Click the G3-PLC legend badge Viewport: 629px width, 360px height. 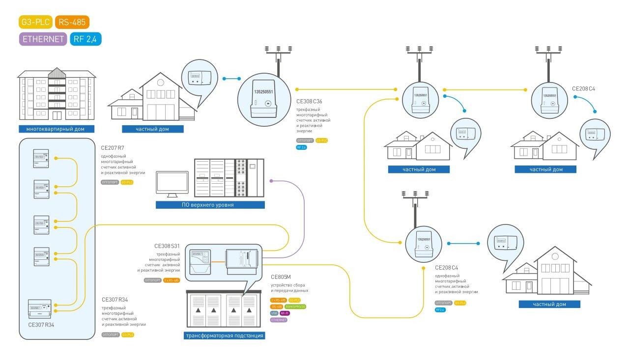(x=35, y=22)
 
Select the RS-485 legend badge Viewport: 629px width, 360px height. (x=72, y=22)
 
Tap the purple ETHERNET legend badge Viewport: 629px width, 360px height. (x=43, y=39)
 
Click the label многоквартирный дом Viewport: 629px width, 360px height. (x=56, y=129)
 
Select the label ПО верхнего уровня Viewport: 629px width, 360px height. (x=210, y=205)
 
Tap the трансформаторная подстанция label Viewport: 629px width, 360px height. (x=224, y=336)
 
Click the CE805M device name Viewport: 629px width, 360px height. (x=281, y=277)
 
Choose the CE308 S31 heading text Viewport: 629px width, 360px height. (x=167, y=246)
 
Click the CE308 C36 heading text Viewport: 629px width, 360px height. (x=310, y=101)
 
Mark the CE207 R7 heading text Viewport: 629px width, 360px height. (x=113, y=147)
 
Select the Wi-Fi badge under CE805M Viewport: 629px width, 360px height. (x=285, y=313)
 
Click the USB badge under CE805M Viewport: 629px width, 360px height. (x=274, y=313)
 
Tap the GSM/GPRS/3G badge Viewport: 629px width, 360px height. (x=295, y=306)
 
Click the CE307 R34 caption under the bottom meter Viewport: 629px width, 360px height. (x=41, y=324)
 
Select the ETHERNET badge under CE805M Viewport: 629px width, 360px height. (x=279, y=320)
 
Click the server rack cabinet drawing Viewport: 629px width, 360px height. (x=229, y=177)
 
